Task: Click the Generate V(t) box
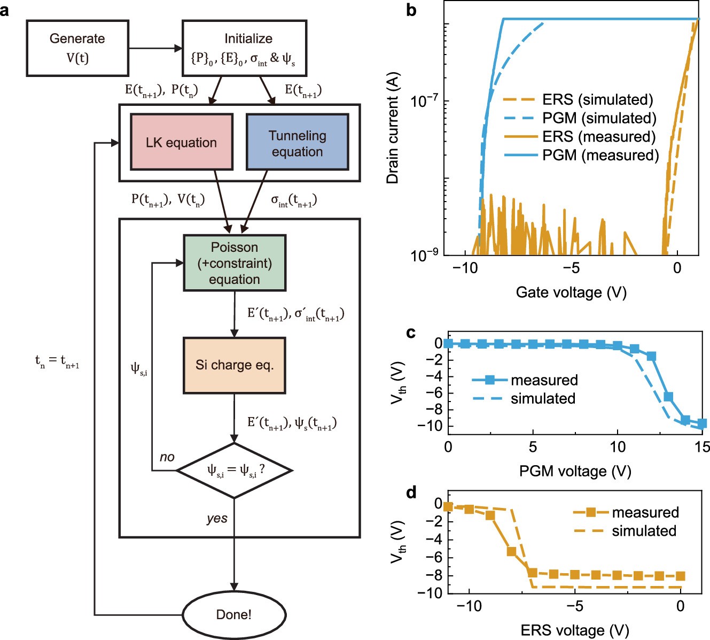(x=77, y=48)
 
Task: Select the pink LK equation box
(x=181, y=142)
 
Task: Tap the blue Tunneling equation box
(x=297, y=143)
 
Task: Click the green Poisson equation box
(x=235, y=263)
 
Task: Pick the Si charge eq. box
(x=235, y=365)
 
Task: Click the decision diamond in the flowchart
(x=234, y=471)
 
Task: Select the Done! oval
(x=234, y=614)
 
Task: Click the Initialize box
(x=245, y=48)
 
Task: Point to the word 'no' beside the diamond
(x=167, y=457)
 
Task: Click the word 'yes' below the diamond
(x=217, y=518)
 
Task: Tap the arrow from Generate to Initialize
(x=155, y=48)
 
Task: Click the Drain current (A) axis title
(x=393, y=128)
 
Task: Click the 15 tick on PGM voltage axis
(x=702, y=446)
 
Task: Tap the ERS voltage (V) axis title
(x=575, y=630)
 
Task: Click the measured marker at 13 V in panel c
(x=668, y=397)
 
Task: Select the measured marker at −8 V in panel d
(x=511, y=551)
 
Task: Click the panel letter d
(x=411, y=492)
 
